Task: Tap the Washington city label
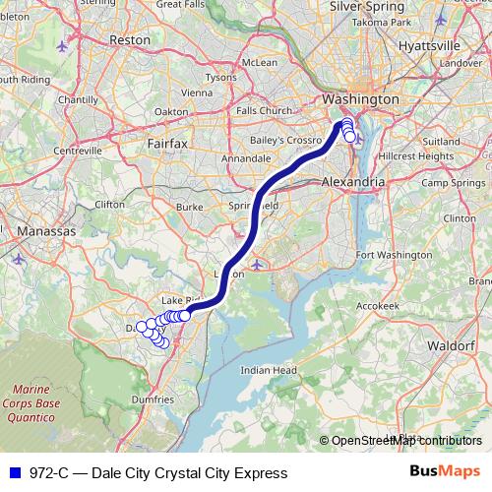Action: (361, 100)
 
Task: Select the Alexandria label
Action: (353, 183)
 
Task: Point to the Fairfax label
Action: (166, 144)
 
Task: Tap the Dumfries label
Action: (151, 400)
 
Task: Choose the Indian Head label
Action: (269, 370)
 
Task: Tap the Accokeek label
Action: (376, 306)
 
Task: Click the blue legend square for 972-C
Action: (12, 472)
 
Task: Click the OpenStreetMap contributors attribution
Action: (406, 440)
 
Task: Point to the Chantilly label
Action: (78, 99)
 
